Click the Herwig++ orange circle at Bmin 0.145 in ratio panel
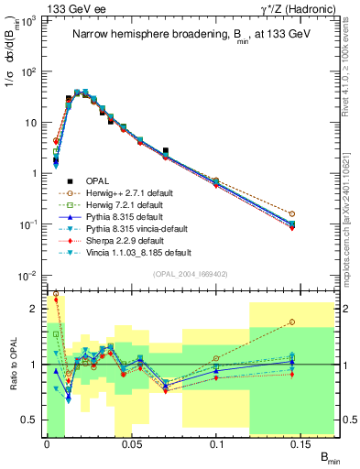point(291,322)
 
